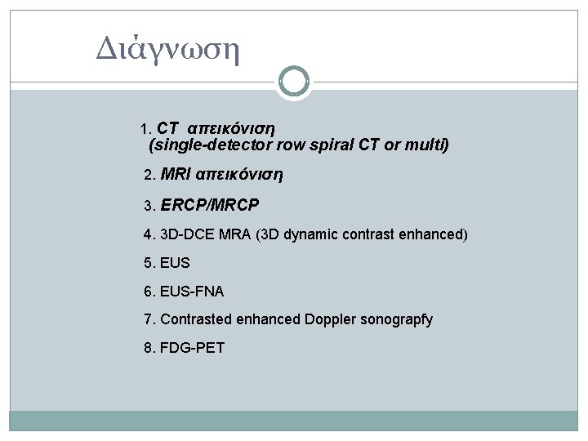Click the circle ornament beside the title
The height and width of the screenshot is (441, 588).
[x=294, y=82]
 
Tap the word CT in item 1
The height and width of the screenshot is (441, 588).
[x=168, y=128]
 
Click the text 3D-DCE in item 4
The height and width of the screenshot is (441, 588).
[x=187, y=234]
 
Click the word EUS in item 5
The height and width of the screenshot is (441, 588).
[x=174, y=264]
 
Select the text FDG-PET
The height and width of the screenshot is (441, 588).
[x=192, y=348]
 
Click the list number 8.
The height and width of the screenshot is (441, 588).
[x=148, y=348]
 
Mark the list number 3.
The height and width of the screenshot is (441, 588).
[x=148, y=205]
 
